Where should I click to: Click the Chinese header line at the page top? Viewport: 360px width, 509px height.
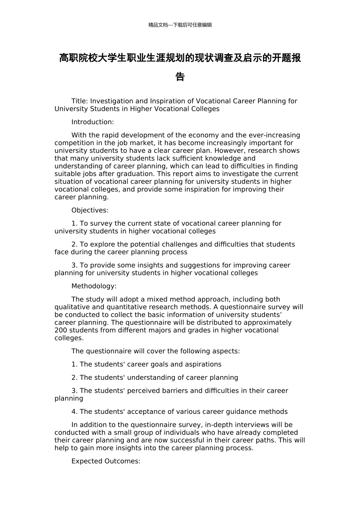click(180, 25)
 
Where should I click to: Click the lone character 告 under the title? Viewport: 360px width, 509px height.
click(180, 77)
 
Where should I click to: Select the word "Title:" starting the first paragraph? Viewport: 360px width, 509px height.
click(80, 101)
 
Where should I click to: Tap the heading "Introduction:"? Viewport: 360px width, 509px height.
click(92, 122)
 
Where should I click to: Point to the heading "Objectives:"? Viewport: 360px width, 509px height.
click(90, 210)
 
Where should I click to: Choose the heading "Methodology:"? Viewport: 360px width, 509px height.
click(94, 286)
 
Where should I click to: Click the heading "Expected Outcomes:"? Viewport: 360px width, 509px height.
click(106, 461)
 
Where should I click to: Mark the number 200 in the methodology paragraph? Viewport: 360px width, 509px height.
click(61, 330)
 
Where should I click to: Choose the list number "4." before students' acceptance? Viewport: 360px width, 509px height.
click(75, 412)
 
